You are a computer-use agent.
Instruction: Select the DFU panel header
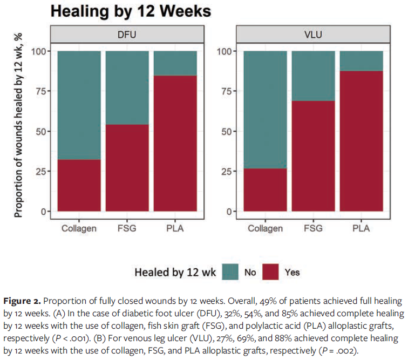127,34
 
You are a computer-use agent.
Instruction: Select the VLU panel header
313,34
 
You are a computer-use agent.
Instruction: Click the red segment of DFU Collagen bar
79,186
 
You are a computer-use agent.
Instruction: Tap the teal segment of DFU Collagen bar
79,105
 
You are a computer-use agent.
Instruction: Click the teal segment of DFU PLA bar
175,63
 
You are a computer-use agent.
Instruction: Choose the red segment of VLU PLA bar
361,141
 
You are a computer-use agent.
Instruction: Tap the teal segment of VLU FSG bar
313,76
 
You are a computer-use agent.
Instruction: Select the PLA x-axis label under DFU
175,228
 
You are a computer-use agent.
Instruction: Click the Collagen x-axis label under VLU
265,228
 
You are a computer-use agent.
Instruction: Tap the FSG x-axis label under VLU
313,228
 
